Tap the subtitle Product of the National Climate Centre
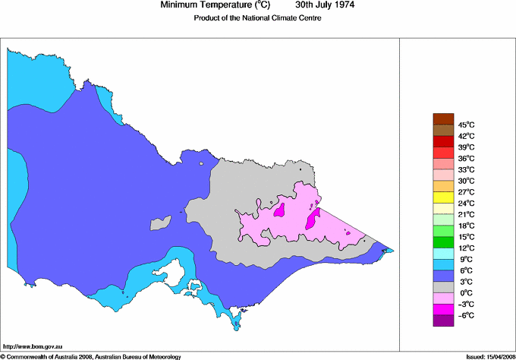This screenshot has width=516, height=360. pos(257,18)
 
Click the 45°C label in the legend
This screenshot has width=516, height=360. pos(465,125)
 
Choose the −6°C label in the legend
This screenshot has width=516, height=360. pos(465,315)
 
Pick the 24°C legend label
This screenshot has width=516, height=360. pos(465,203)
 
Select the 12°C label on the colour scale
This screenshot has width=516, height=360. pos(465,248)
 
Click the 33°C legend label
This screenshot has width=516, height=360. pos(465,169)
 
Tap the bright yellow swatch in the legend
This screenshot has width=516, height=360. pos(442,197)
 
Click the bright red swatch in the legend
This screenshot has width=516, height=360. pos(442,141)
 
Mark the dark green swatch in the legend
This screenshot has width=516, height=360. pos(442,242)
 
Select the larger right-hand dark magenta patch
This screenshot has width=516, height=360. pos(313,219)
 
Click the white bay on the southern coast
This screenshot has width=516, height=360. pos(181,270)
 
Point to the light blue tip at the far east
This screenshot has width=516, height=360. pos(389,250)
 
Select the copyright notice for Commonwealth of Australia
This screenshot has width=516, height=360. pos(91,355)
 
